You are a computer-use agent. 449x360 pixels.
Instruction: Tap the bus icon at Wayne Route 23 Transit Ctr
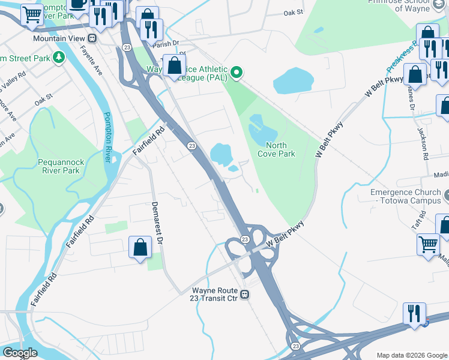245,294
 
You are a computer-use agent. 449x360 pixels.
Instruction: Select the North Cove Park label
276,149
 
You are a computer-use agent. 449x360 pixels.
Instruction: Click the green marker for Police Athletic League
237,73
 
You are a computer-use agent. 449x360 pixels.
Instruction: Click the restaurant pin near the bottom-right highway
414,314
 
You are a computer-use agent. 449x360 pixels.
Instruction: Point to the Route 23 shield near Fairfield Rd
191,146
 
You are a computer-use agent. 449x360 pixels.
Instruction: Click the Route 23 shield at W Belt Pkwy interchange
245,239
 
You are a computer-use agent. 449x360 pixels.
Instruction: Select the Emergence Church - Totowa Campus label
405,197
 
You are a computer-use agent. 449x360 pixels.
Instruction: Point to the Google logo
20,353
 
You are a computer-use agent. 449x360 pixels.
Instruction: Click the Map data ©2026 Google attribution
412,355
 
